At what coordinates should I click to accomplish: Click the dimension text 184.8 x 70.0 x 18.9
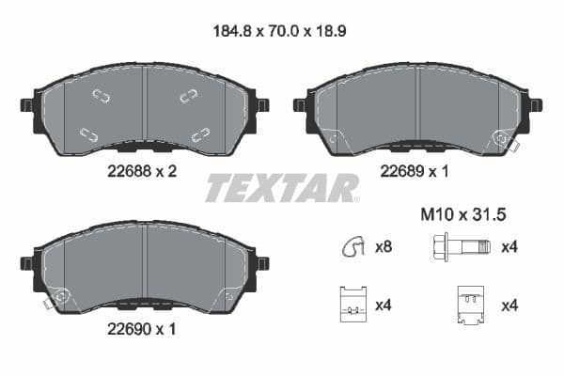pos(281,30)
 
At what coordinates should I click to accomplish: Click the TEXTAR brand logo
pos(281,188)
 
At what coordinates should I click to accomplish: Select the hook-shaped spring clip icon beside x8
pos(351,248)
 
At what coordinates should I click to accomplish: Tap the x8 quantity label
pos(384,248)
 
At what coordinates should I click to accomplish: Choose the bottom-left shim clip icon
pos(351,304)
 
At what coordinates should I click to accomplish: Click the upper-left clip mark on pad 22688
pos(101,95)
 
